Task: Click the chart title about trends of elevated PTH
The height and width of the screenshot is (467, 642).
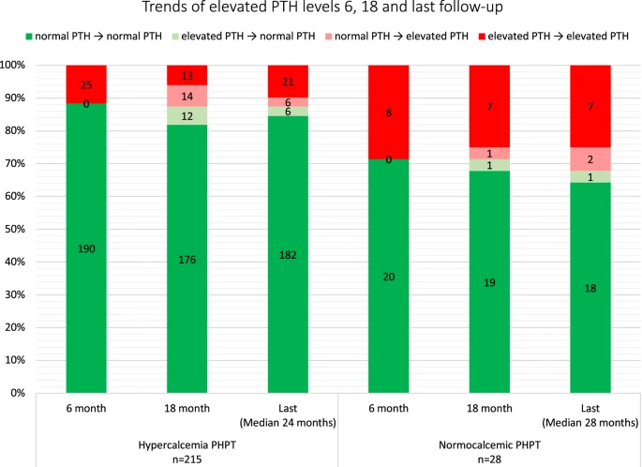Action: pyautogui.click(x=320, y=9)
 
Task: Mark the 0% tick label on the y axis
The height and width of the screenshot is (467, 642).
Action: pyautogui.click(x=20, y=393)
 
